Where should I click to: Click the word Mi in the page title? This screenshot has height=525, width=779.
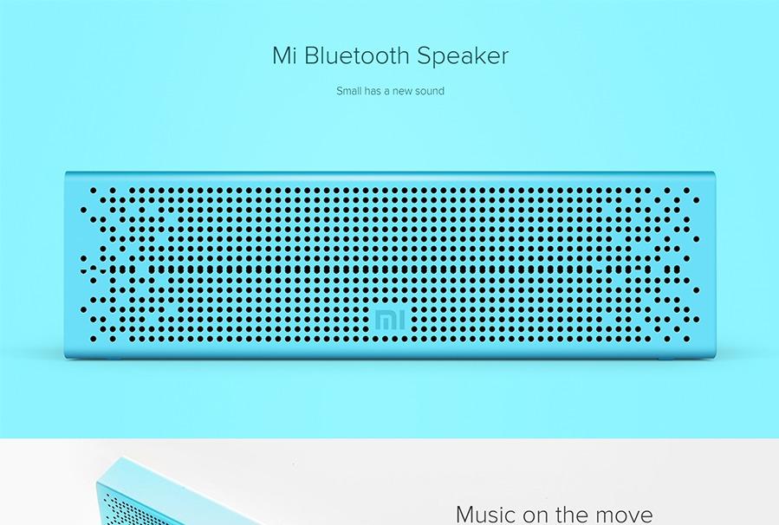click(286, 56)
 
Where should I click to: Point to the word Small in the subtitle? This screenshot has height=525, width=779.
click(349, 90)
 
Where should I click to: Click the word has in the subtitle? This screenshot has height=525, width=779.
click(376, 90)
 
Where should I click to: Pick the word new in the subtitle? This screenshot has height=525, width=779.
click(402, 91)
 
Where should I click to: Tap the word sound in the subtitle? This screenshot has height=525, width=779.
click(430, 90)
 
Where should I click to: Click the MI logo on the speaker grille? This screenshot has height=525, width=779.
click(389, 319)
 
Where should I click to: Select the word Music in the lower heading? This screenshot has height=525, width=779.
click(486, 514)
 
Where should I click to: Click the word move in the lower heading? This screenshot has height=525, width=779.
click(624, 514)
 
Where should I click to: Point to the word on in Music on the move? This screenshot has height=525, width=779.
click(536, 515)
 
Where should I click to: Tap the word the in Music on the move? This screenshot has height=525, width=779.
click(571, 514)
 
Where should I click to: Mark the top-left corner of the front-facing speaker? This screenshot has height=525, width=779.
click(67, 173)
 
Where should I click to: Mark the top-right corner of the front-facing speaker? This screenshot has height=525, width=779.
click(714, 173)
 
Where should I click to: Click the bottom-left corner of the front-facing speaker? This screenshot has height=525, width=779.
click(67, 356)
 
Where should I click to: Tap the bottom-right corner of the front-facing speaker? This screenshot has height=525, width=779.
click(714, 356)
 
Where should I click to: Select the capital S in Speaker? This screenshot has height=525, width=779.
click(425, 56)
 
